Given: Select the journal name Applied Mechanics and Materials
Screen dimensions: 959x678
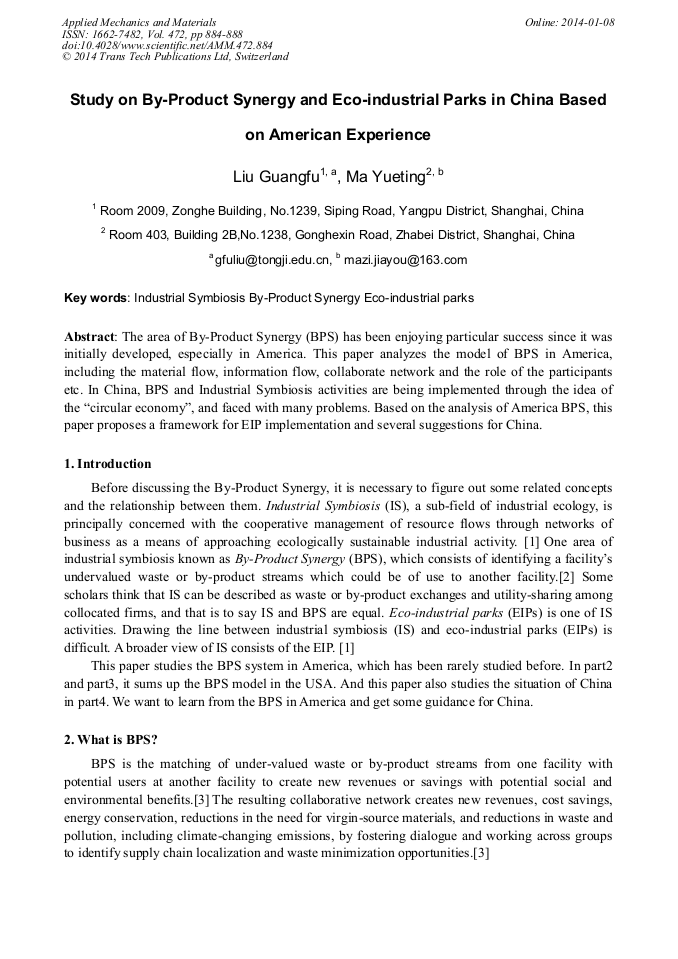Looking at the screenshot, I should click(x=139, y=22).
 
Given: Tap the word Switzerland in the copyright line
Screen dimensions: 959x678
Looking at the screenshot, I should click(x=259, y=57).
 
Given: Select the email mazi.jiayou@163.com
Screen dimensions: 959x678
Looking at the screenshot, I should click(x=406, y=260).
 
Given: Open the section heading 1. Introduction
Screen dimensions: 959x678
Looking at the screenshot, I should click(x=107, y=464).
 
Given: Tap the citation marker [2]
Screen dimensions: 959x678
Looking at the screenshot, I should click(x=565, y=578).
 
